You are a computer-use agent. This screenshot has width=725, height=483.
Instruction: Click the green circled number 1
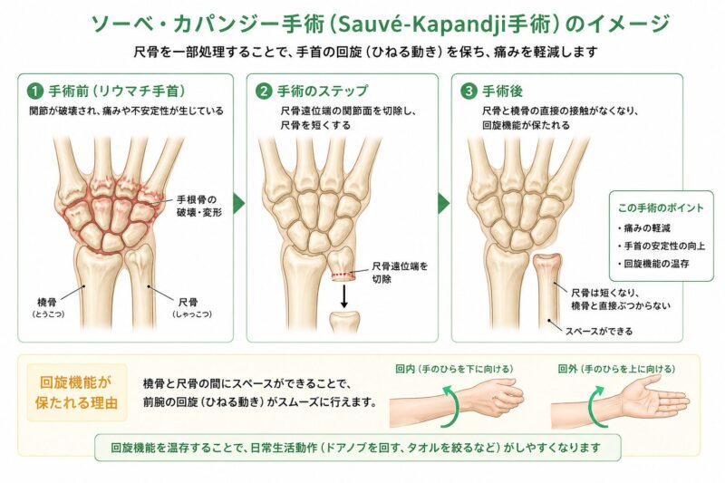(35, 91)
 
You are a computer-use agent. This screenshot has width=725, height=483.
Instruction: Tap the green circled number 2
(264, 91)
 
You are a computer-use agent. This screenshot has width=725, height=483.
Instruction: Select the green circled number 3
(469, 91)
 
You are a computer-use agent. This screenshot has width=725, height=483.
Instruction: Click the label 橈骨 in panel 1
(47, 303)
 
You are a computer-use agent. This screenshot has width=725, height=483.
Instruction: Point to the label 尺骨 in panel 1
(188, 303)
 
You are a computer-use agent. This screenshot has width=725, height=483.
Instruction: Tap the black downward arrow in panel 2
(344, 296)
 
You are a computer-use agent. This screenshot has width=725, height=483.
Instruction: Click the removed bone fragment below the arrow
(344, 323)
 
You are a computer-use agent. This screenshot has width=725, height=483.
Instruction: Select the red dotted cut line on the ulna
(343, 275)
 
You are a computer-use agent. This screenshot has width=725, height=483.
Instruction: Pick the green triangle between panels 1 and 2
(239, 203)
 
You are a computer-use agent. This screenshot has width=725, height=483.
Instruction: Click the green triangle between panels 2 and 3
(443, 203)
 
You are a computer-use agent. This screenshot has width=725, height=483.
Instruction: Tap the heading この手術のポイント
(661, 208)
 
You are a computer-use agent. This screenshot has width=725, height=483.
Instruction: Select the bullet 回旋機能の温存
(653, 264)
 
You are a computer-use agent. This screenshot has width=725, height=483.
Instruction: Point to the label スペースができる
(599, 331)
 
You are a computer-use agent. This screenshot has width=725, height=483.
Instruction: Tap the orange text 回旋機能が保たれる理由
(76, 393)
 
